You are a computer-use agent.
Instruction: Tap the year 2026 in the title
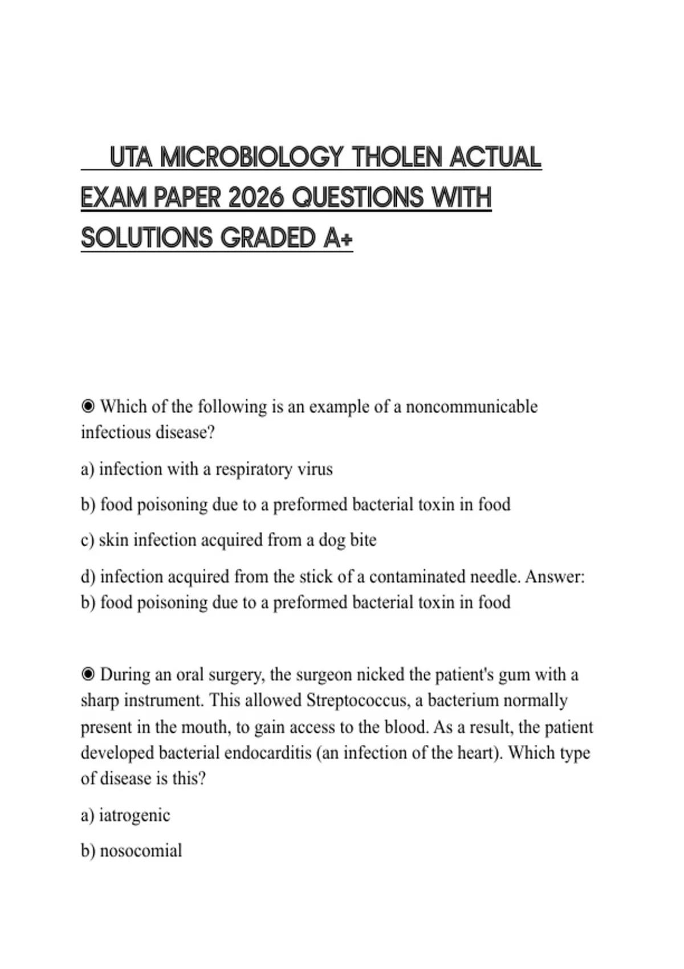click(x=256, y=198)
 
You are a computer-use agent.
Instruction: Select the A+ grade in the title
click(x=338, y=238)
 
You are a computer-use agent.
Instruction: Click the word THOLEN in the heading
click(x=397, y=157)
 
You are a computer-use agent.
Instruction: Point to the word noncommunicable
click(x=471, y=407)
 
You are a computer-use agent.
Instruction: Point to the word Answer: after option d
click(x=555, y=577)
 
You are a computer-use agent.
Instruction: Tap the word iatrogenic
click(x=135, y=816)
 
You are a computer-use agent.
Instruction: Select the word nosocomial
click(x=141, y=851)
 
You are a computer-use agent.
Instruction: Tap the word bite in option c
click(x=363, y=540)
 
